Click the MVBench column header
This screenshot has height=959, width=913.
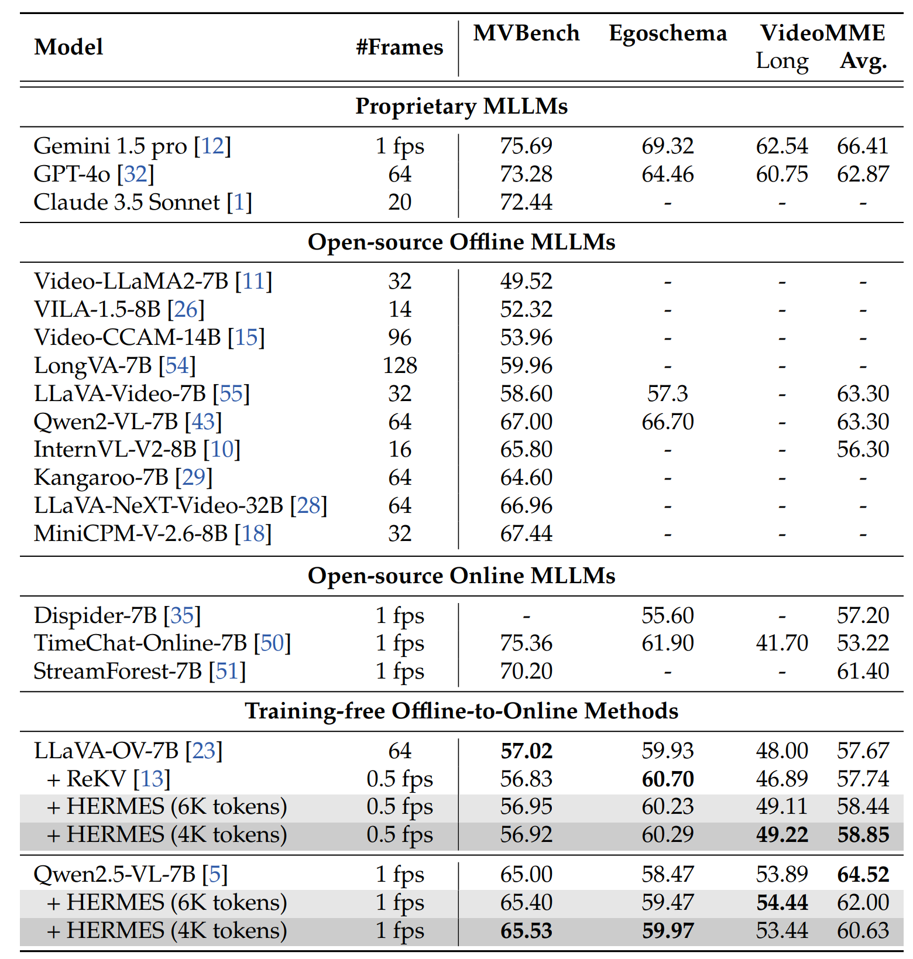point(526,33)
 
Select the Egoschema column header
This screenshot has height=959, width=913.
point(667,33)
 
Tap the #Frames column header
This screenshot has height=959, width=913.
point(399,47)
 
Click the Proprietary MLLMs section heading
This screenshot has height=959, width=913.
point(461,107)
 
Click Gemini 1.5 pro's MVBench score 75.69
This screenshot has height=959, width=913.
point(526,146)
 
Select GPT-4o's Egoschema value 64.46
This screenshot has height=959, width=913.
point(667,174)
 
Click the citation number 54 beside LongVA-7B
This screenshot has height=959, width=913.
point(177,365)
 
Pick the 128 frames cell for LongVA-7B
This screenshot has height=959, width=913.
point(399,365)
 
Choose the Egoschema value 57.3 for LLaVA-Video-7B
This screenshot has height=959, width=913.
point(667,393)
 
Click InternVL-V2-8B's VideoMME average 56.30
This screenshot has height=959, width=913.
point(863,449)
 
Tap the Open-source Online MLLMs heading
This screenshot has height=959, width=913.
point(461,576)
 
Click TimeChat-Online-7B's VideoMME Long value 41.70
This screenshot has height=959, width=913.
point(781,643)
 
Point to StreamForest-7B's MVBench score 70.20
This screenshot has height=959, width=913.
point(526,671)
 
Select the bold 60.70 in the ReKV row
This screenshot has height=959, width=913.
point(667,779)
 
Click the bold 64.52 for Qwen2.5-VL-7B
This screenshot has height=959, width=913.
point(863,874)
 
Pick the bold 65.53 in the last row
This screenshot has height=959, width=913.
point(526,930)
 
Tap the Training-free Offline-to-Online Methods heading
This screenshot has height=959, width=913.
point(461,711)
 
